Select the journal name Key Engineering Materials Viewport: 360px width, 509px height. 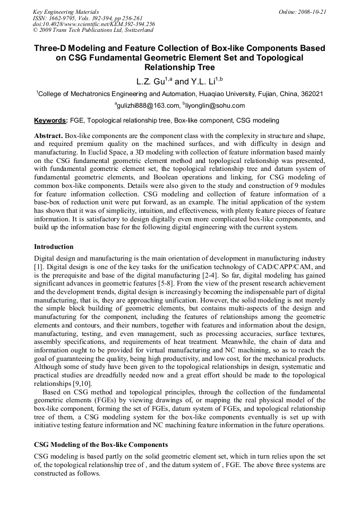coord(66,12)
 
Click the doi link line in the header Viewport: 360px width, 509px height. coord(94,24)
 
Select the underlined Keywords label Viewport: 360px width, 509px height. coord(51,120)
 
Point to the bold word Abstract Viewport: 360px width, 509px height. coord(48,136)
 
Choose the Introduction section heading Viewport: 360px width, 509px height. coord(54,247)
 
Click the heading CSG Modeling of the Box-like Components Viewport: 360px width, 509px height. coord(101,445)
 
